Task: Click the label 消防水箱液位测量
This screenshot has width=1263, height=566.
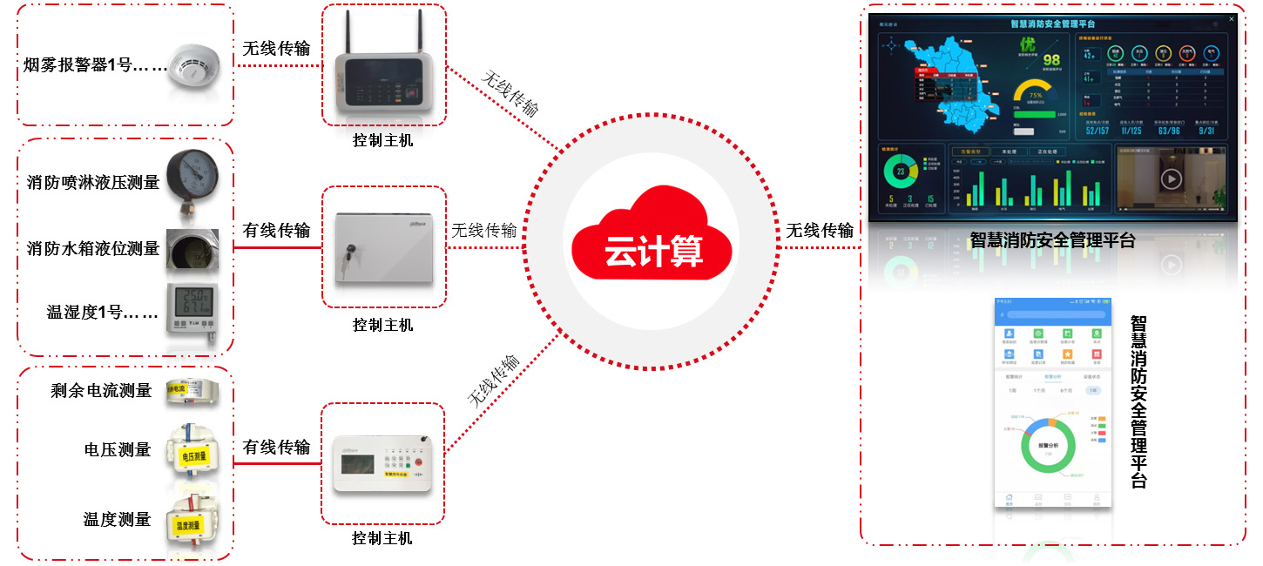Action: (93, 248)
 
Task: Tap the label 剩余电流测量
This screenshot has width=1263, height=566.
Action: (101, 391)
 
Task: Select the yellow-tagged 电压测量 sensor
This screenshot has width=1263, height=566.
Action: (192, 450)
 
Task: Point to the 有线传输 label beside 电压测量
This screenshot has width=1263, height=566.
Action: (276, 447)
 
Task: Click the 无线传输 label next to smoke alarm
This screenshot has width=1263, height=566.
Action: (276, 49)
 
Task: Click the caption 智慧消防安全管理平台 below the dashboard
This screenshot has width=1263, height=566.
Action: (1052, 241)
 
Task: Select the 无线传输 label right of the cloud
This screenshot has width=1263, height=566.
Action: (820, 231)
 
